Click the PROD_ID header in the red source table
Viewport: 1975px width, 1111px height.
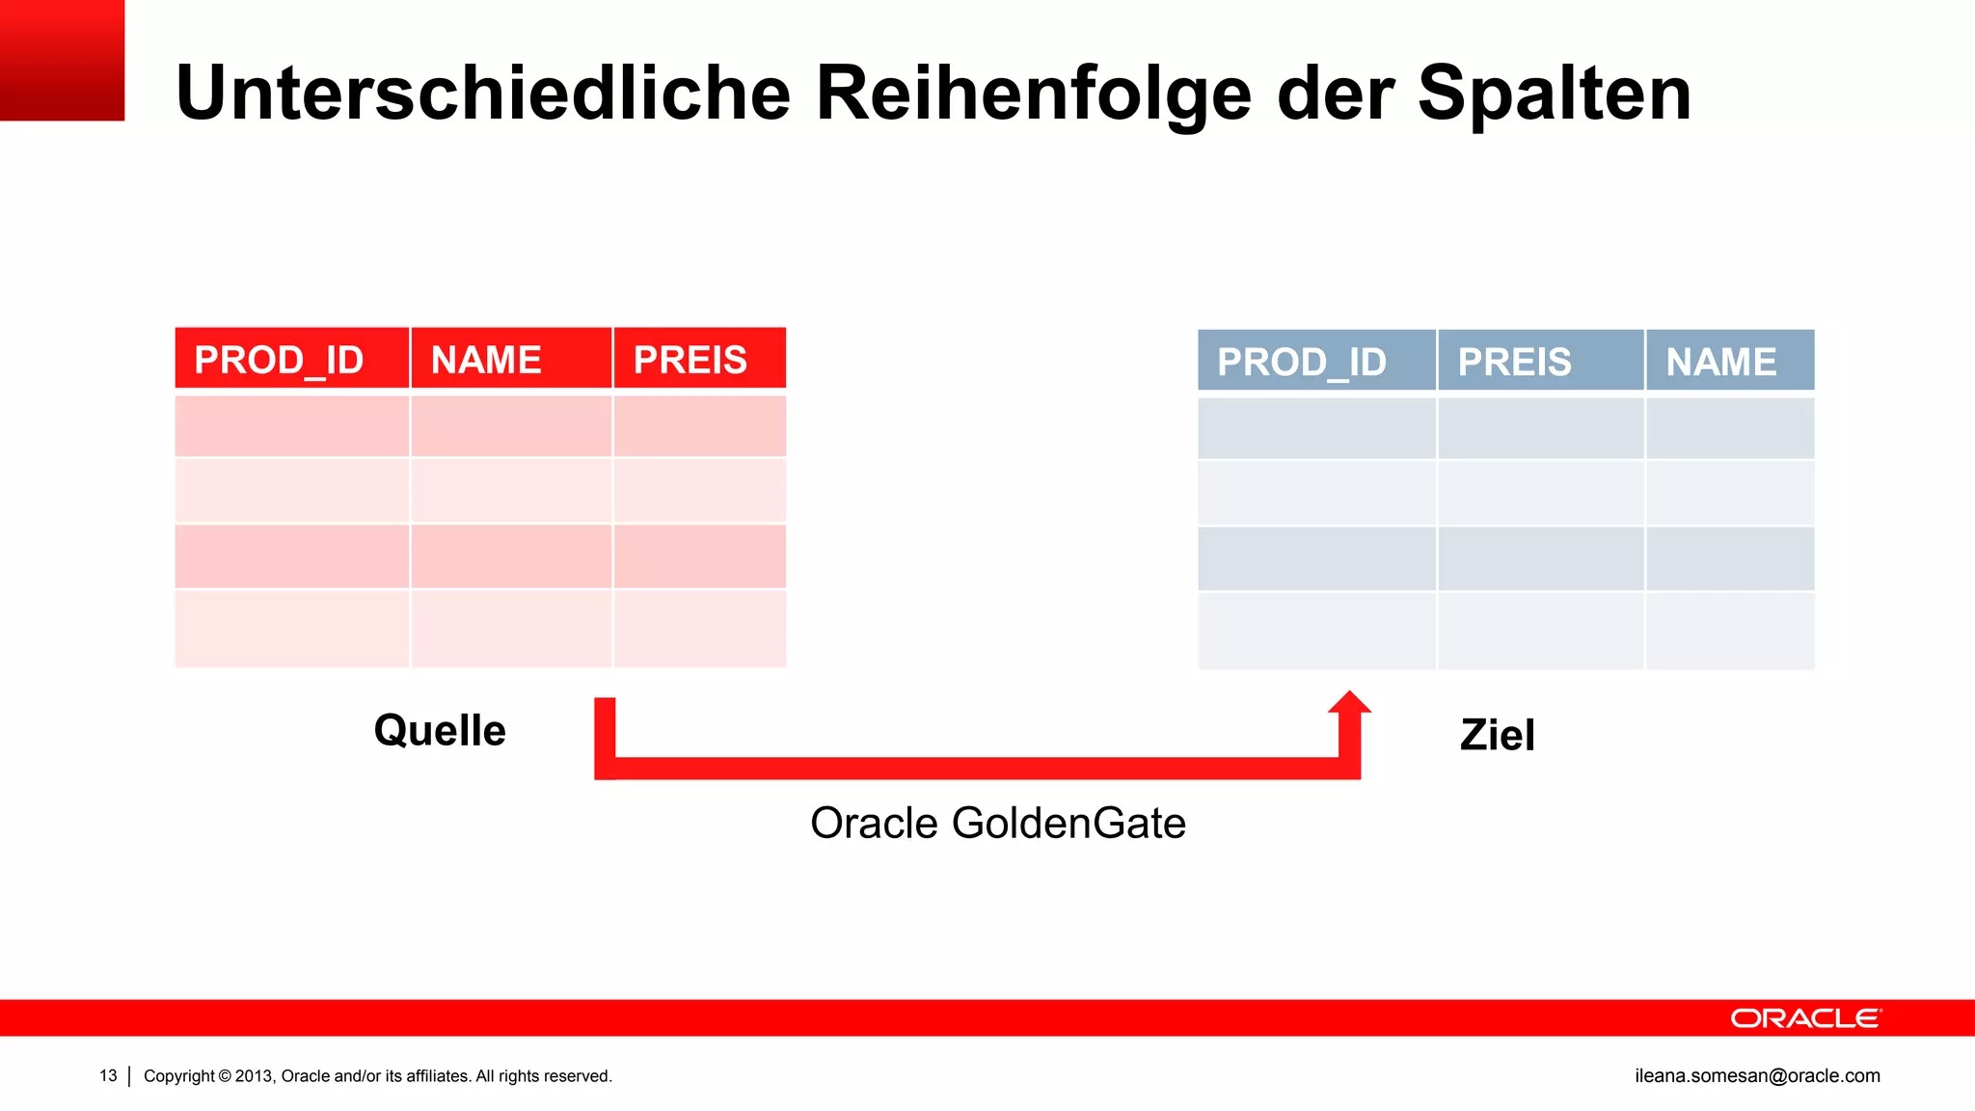(x=280, y=360)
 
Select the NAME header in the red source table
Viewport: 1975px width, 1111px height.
(x=486, y=360)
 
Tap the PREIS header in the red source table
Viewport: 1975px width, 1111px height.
(x=690, y=360)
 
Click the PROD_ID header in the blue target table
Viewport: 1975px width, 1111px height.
(x=1302, y=362)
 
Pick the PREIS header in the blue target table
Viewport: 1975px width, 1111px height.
(x=1515, y=362)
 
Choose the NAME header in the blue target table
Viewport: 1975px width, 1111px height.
(x=1721, y=362)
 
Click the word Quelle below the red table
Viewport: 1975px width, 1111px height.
(x=440, y=730)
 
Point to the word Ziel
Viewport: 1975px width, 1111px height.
(x=1497, y=735)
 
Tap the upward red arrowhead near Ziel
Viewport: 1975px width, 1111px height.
(x=1349, y=704)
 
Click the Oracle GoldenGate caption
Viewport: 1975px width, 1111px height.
(x=998, y=823)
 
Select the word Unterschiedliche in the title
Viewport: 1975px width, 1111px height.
(x=483, y=94)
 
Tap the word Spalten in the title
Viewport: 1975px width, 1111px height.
(x=1555, y=94)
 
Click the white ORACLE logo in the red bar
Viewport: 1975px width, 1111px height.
(x=1805, y=1018)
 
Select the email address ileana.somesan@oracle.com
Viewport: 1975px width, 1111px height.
(x=1757, y=1075)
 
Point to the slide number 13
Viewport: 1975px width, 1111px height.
(x=108, y=1075)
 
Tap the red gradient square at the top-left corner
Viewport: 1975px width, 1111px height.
(x=62, y=60)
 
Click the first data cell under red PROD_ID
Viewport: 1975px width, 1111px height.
(x=291, y=425)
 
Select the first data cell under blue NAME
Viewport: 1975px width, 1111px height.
(x=1730, y=428)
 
